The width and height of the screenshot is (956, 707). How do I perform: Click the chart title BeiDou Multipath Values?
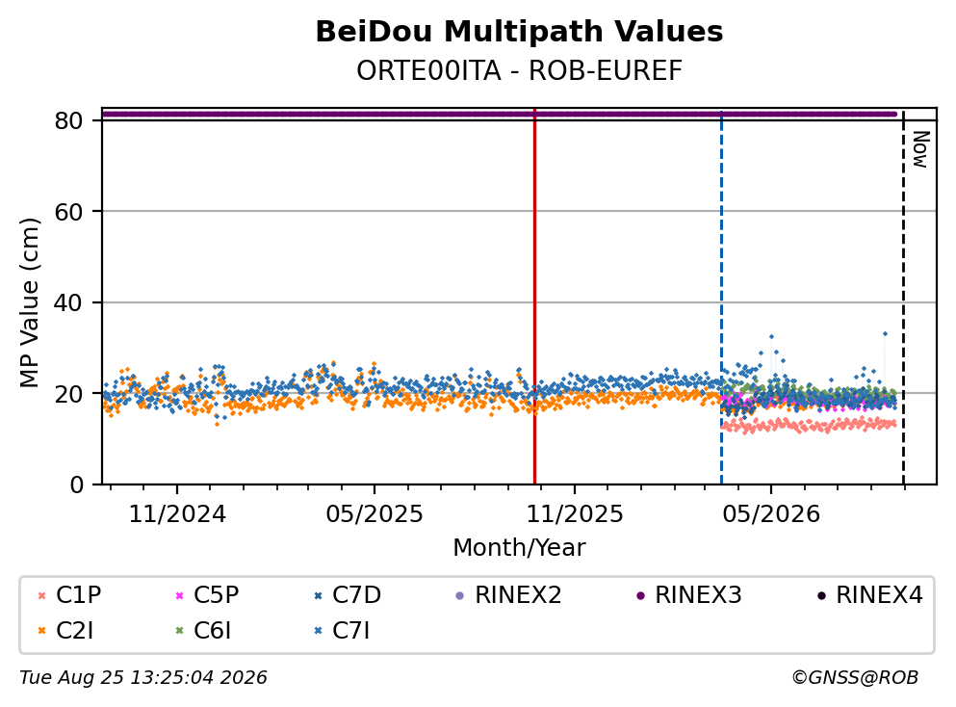[x=519, y=32]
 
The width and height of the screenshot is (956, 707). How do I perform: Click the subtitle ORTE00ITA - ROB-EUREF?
[x=519, y=71]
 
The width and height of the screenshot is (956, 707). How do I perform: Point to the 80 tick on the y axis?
[x=68, y=120]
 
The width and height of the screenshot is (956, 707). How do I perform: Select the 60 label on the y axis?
[x=68, y=212]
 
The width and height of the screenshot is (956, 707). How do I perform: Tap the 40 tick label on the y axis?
[x=68, y=302]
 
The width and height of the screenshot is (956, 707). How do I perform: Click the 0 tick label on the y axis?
[x=76, y=484]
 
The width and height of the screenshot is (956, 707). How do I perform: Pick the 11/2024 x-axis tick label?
[x=177, y=514]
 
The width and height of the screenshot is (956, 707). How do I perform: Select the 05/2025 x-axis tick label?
[x=374, y=514]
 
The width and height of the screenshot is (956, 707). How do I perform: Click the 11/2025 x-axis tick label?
[x=575, y=514]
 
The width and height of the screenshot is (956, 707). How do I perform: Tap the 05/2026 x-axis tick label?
[x=770, y=514]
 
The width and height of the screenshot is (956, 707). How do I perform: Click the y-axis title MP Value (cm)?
[x=29, y=302]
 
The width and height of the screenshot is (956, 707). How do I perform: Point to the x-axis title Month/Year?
[x=519, y=548]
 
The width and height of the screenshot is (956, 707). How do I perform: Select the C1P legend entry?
[x=69, y=594]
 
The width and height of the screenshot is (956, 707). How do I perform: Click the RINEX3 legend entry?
[x=689, y=594]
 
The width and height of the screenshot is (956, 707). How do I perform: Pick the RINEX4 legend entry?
[x=870, y=594]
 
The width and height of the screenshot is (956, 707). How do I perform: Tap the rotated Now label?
[x=920, y=149]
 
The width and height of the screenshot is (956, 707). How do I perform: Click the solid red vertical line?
[x=534, y=297]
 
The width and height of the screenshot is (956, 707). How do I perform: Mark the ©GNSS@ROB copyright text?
[x=855, y=678]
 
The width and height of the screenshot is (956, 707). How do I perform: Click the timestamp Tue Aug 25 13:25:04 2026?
[x=143, y=678]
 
